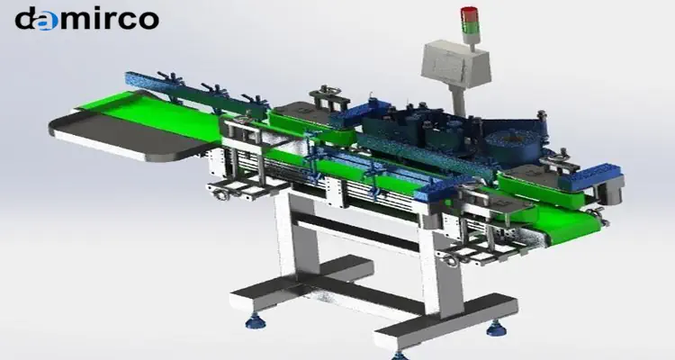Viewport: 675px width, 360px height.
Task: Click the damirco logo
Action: point(87,19)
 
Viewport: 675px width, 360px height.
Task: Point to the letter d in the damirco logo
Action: point(25,18)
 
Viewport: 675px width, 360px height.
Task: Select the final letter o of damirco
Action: point(148,20)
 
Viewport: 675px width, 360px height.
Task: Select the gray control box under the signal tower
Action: point(455,64)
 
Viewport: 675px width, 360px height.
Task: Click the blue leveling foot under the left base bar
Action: point(256,320)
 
